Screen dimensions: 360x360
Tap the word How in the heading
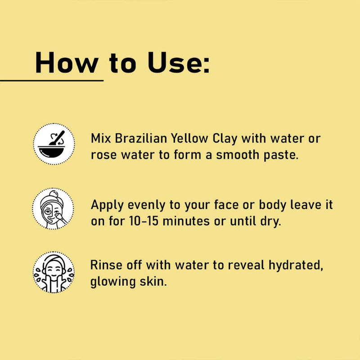pyautogui.click(x=67, y=63)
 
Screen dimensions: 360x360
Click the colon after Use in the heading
pyautogui.click(x=206, y=66)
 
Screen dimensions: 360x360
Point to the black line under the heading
pyautogui.click(x=52, y=81)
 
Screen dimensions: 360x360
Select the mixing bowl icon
pyautogui.click(x=54, y=144)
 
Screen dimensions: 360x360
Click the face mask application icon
pyautogui.click(x=53, y=209)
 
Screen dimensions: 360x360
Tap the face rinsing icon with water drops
pyautogui.click(x=54, y=272)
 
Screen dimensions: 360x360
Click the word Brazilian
pyautogui.click(x=141, y=139)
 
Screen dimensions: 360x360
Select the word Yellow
pyautogui.click(x=189, y=139)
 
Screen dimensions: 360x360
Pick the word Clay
pyautogui.click(x=225, y=139)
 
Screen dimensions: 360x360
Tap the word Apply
pyautogui.click(x=107, y=206)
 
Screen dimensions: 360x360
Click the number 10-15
pyautogui.click(x=144, y=221)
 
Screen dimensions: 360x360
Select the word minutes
pyautogui.click(x=186, y=221)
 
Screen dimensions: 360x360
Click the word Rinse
pyautogui.click(x=106, y=265)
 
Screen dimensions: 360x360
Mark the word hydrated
pyautogui.click(x=296, y=265)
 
